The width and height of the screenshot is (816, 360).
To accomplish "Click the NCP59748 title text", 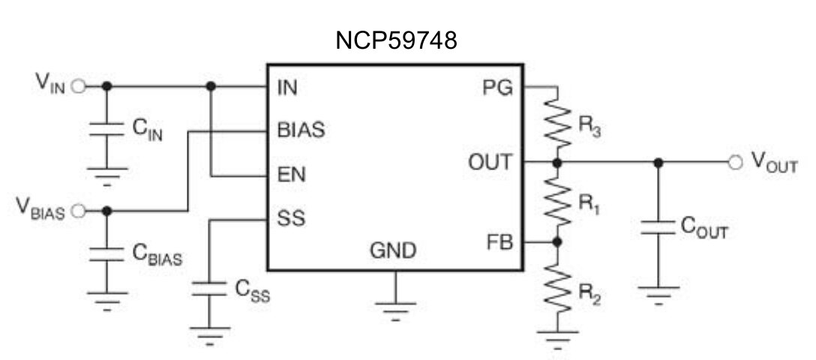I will point(396,41).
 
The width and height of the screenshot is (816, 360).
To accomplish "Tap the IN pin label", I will point(286,87).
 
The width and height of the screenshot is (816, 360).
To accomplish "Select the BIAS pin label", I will point(301,130).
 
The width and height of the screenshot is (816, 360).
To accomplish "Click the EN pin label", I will point(289,175).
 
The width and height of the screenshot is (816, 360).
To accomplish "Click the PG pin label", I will point(497,87).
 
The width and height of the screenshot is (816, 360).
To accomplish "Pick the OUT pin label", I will point(490,161).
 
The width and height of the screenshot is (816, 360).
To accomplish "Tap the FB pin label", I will point(498,242).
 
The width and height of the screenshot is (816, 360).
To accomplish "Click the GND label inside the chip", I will point(393,250).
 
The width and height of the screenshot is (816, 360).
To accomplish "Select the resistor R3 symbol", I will point(556,124).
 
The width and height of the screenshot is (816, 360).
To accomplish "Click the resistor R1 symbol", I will point(556,201).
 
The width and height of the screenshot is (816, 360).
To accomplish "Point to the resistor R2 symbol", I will point(556,286).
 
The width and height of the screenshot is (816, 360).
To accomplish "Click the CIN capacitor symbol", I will point(106,130).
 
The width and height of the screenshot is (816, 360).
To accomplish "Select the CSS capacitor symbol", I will point(209,289).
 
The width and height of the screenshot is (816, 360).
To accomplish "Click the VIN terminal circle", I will point(78,86).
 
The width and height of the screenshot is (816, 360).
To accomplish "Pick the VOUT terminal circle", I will point(735,162).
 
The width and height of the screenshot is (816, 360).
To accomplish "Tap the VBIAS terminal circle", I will point(78,211).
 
